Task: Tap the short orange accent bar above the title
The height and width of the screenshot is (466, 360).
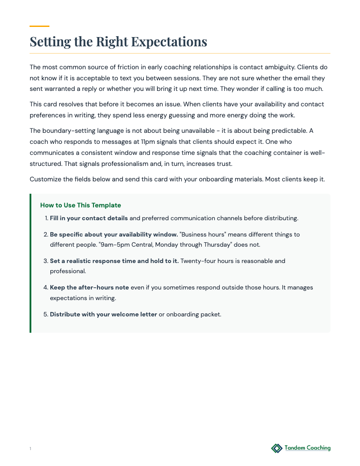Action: pos(39,26)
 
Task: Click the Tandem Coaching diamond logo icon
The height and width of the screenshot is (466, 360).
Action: pos(277,448)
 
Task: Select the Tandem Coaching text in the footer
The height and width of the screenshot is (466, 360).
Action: pos(307,448)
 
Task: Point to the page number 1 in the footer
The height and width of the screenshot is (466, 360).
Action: pos(30,449)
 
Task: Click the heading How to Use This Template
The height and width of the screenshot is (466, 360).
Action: pos(80,205)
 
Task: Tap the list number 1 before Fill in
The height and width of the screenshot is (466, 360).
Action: pos(46,218)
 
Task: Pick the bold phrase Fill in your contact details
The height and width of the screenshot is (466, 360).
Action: pos(89,218)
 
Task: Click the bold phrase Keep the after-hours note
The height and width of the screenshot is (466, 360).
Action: pos(89,287)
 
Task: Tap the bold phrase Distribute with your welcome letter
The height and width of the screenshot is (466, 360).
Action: pos(103,314)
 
